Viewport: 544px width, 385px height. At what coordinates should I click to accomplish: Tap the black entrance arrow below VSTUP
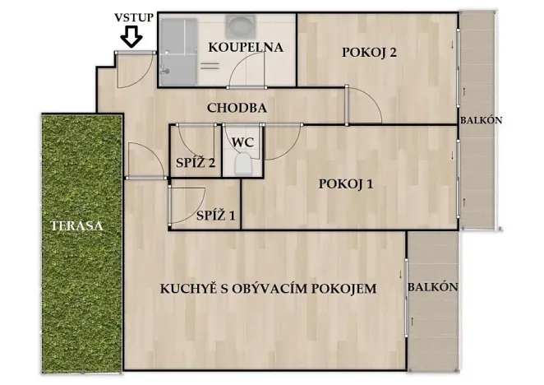[131, 37]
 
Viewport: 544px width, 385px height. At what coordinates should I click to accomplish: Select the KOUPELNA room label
[245, 48]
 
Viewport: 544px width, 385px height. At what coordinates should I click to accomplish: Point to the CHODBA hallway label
[237, 108]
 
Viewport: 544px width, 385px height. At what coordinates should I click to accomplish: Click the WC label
[242, 141]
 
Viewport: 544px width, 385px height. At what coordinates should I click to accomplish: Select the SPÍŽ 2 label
[196, 164]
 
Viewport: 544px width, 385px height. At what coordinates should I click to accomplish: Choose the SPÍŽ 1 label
[216, 216]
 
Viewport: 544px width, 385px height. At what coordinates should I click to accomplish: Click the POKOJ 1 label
[346, 184]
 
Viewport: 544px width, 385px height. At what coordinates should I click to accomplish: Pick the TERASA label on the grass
[81, 226]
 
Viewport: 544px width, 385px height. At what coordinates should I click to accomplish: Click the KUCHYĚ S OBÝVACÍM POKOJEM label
[267, 289]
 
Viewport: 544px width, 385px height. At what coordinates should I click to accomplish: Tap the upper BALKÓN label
[481, 121]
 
